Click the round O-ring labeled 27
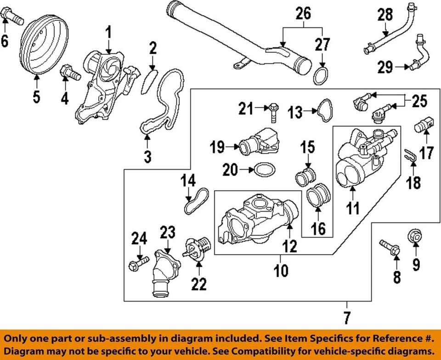coord(322,76)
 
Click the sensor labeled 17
coord(424,126)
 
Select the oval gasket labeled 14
coord(195,200)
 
